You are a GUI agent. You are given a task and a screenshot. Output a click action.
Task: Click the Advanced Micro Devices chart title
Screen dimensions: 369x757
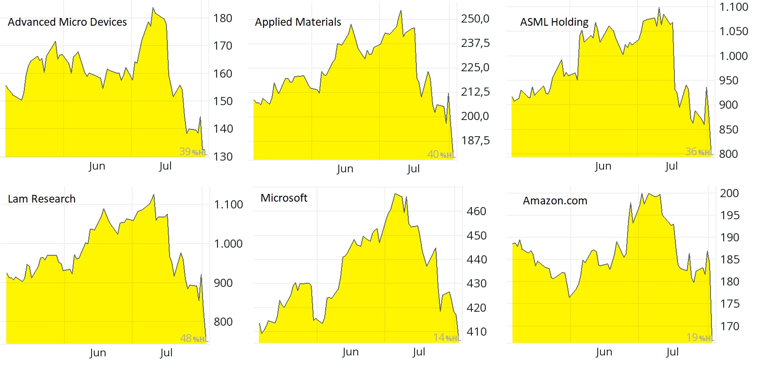click(x=67, y=22)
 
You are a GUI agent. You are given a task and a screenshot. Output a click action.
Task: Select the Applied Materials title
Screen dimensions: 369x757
click(x=298, y=22)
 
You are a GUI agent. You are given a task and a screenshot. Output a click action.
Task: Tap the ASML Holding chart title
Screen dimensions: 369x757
click(x=554, y=22)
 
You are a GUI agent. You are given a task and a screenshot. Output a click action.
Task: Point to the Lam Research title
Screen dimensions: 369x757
click(x=42, y=199)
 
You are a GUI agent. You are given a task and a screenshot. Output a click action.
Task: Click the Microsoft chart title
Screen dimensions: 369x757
click(x=284, y=198)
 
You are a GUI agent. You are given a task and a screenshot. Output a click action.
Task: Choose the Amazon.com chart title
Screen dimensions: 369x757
click(x=555, y=201)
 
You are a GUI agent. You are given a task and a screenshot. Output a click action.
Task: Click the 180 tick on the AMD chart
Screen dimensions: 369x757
click(x=223, y=18)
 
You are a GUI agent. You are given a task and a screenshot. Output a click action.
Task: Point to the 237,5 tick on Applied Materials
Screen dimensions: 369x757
click(x=475, y=43)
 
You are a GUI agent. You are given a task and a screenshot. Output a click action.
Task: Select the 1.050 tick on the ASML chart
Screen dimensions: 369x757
click(x=734, y=32)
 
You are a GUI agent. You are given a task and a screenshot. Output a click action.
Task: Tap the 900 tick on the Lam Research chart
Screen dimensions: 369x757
click(x=223, y=283)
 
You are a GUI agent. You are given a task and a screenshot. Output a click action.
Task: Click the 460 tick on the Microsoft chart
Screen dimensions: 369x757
click(x=476, y=212)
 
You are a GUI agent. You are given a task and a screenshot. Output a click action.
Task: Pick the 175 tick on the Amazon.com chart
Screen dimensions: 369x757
click(x=729, y=304)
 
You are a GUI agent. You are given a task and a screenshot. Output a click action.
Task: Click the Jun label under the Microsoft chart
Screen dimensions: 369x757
click(x=350, y=352)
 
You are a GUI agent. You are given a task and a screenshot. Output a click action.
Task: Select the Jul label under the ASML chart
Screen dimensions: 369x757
click(x=671, y=166)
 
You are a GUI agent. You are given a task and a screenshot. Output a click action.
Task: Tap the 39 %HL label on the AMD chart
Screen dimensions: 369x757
click(x=193, y=152)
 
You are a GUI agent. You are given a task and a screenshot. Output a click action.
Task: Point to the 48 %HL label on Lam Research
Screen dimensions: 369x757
click(x=194, y=338)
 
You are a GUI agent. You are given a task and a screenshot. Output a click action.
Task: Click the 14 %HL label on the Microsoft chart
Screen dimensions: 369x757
click(x=446, y=338)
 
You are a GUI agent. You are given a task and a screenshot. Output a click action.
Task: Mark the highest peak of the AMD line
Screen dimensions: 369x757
click(x=153, y=8)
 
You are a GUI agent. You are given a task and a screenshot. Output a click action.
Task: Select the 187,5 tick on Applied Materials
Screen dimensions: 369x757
click(x=475, y=141)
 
